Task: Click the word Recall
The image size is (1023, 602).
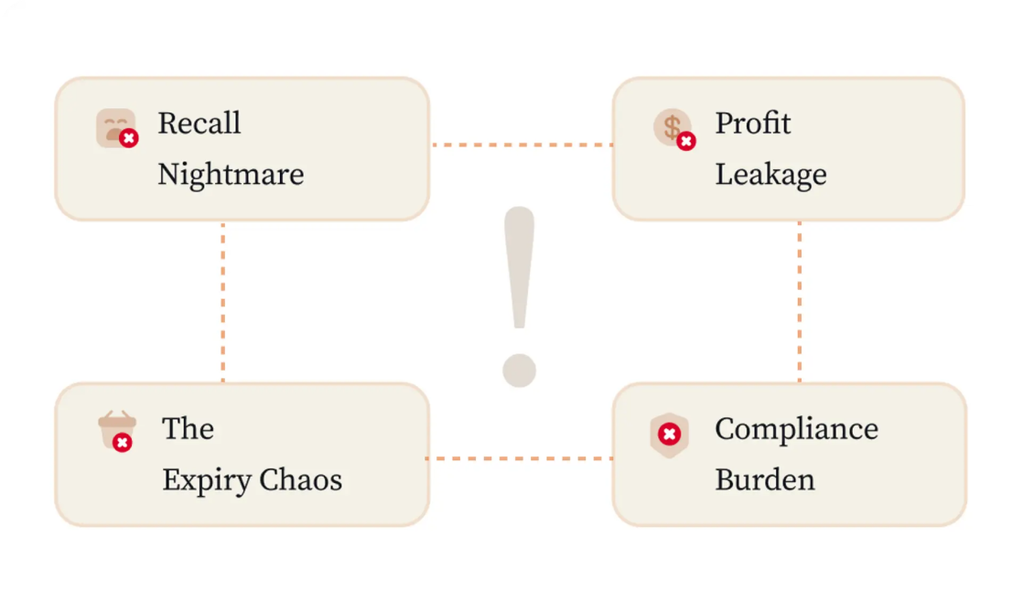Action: click(199, 124)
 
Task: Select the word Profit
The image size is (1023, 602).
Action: click(753, 124)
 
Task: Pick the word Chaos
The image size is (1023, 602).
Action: click(301, 480)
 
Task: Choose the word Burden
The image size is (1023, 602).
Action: click(765, 480)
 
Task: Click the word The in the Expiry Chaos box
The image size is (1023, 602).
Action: click(188, 429)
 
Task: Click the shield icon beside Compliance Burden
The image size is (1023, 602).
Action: click(670, 435)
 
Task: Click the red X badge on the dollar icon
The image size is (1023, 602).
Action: click(685, 141)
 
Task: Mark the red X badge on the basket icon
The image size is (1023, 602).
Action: click(122, 443)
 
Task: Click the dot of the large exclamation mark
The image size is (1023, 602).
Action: click(520, 371)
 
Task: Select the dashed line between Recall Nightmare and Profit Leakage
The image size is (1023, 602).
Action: click(522, 145)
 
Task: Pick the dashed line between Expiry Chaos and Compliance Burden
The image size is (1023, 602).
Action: click(520, 458)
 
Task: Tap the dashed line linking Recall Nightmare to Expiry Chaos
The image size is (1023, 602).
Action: click(223, 302)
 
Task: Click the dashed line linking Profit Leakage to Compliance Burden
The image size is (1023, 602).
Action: click(800, 302)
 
